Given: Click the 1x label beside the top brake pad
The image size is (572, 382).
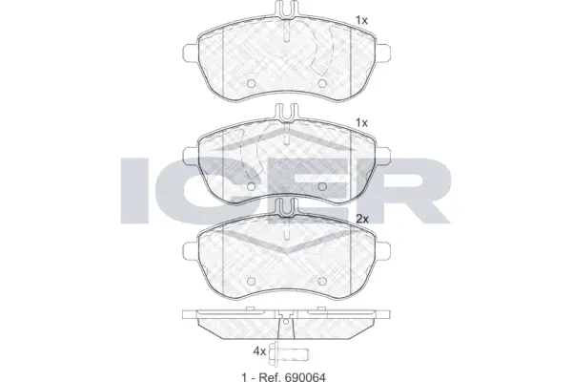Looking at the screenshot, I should [361, 19].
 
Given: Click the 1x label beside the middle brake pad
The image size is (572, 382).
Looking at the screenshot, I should [361, 123].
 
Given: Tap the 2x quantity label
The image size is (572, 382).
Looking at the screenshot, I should [362, 219].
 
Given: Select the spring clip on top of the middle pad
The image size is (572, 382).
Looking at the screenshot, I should [286, 113].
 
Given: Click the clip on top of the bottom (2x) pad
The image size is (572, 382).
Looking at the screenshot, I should [286, 208].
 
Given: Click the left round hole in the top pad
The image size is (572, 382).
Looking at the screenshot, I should [251, 82].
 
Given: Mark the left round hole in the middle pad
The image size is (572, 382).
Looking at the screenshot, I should [251, 184].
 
